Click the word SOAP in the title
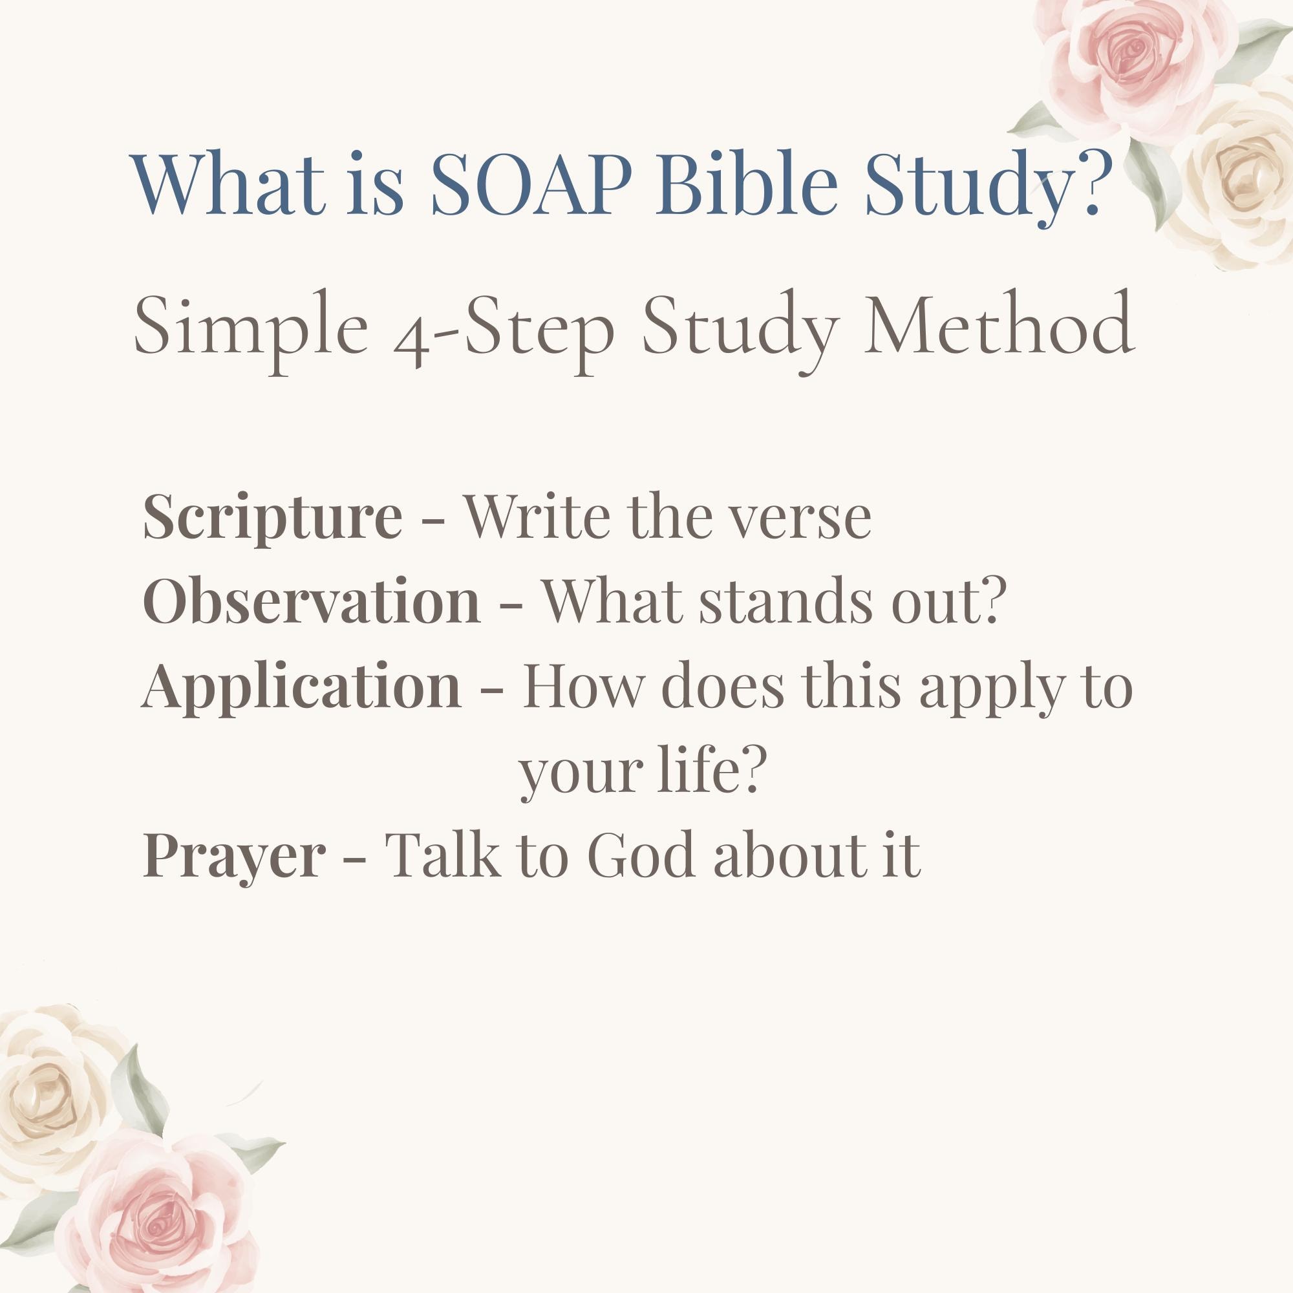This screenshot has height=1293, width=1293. [531, 183]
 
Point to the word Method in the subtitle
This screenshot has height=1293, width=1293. [999, 323]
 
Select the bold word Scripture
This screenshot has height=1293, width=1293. [272, 518]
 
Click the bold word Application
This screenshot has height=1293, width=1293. [302, 687]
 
